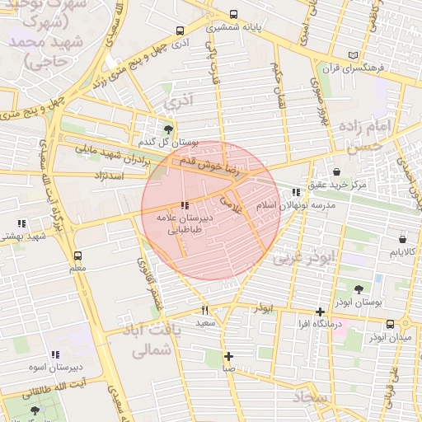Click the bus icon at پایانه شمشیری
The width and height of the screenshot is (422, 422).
234,15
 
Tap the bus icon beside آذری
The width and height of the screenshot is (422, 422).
181,30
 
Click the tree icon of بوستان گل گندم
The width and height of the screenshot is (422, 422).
169,129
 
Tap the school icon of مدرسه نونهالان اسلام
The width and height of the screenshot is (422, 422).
296,193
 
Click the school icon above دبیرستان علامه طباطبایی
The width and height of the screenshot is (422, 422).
185,205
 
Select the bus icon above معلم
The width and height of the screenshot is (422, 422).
78,256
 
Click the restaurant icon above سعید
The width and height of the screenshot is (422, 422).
205,311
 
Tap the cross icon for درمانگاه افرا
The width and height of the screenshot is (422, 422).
320,312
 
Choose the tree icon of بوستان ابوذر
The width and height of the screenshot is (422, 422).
359,289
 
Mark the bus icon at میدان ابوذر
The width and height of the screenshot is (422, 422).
404,324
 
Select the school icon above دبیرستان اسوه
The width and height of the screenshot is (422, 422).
55,354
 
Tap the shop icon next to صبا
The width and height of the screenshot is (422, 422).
229,356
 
